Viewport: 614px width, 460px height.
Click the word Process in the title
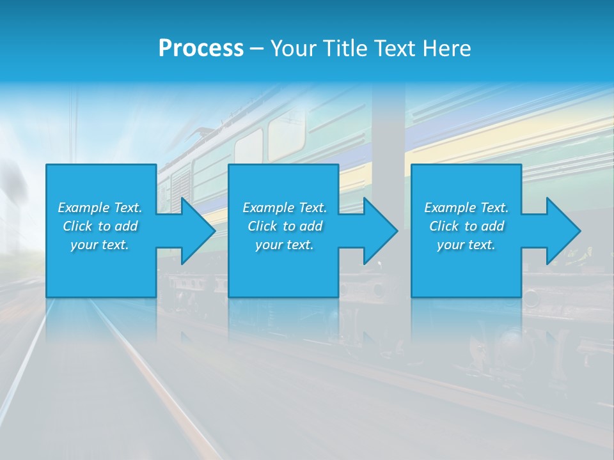201,49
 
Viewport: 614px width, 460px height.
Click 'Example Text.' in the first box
100,208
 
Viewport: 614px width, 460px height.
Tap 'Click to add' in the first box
100,226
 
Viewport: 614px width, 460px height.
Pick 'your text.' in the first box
100,245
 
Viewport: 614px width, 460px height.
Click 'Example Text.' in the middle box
285,208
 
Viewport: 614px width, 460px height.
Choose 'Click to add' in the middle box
285,226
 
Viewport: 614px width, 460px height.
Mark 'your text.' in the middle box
285,245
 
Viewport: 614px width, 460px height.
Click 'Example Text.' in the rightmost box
466,208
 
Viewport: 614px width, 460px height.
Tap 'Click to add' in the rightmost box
466,226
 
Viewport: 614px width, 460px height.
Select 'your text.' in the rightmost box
466,245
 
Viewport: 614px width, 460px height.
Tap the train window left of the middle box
248,146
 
